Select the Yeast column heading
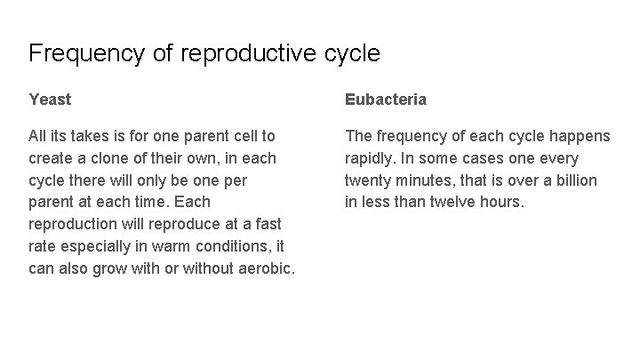pos(50,100)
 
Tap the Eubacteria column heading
pos(386,100)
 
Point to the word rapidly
pos(372,158)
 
